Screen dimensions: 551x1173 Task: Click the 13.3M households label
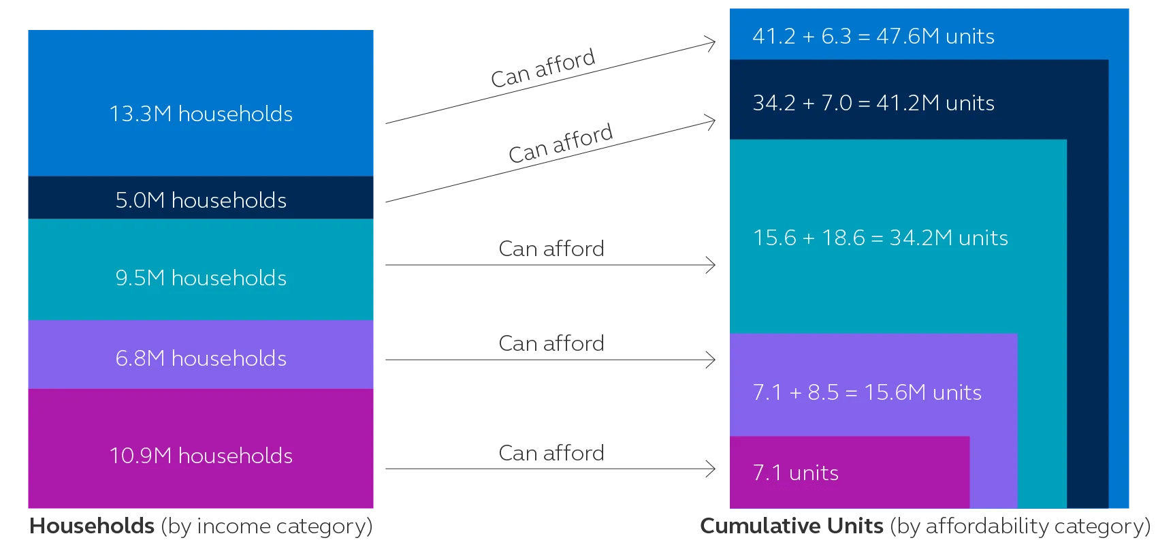point(201,114)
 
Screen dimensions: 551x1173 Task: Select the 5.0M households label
point(201,200)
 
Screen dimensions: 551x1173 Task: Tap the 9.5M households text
point(201,278)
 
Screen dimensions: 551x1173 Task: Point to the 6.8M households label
point(201,358)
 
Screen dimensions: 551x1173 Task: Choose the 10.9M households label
point(201,456)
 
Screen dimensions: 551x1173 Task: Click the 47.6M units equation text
point(873,36)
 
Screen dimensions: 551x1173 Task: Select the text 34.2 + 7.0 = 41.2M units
point(873,103)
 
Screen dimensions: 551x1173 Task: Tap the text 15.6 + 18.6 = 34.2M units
point(880,238)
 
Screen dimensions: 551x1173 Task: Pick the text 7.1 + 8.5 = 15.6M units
point(867,392)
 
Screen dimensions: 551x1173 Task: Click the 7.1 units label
point(795,473)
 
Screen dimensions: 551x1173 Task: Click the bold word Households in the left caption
point(92,526)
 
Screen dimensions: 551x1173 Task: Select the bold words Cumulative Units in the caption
point(791,526)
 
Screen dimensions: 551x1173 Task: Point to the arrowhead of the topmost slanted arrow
point(712,44)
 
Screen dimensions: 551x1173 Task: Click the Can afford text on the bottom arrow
point(551,453)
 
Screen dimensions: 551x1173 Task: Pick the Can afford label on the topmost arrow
point(543,68)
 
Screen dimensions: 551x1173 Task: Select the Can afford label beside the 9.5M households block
point(551,249)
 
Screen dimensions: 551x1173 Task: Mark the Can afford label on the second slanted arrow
point(560,144)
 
